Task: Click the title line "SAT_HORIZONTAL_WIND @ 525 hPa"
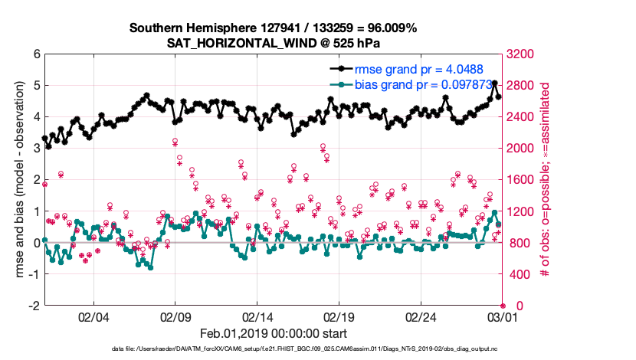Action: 274,43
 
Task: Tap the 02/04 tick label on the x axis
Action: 93,316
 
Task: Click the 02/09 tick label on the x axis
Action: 175,316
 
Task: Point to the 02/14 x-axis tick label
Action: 257,316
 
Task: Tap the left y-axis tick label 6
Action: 36,54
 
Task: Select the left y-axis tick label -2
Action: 34,306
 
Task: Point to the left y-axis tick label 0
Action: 36,243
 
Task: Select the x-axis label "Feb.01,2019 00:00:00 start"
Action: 274,334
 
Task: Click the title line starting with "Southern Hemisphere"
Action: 274,28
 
